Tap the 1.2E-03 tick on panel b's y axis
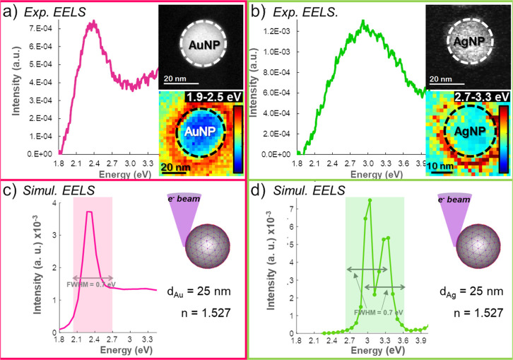click(x=283, y=32)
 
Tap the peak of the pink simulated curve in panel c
click(x=89, y=211)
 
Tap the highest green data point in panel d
click(x=370, y=200)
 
